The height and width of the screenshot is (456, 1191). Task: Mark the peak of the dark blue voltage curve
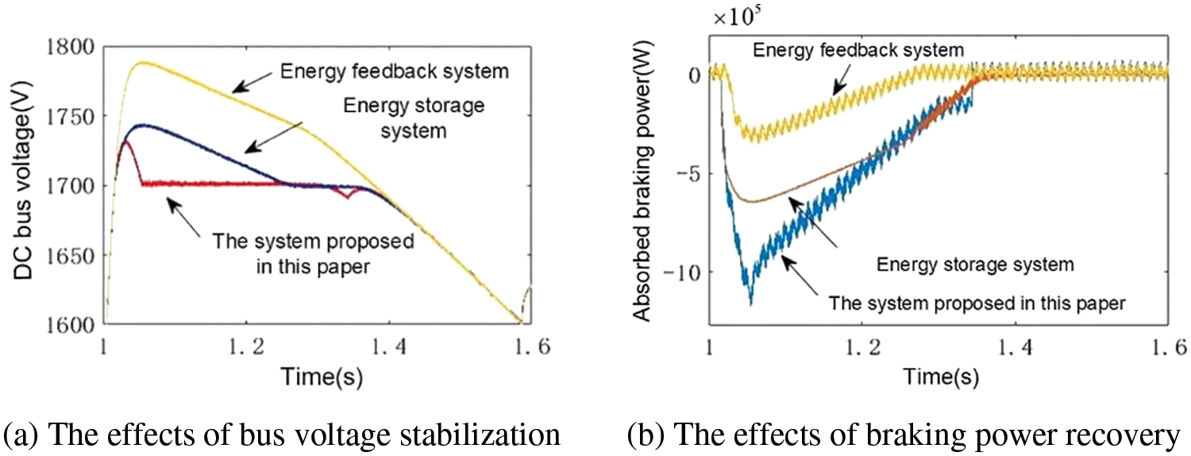tap(141, 125)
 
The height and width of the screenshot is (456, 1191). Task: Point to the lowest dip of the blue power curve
tap(750, 302)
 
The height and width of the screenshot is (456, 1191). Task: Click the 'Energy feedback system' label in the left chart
tap(395, 71)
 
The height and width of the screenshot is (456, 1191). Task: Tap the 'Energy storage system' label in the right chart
tap(963, 262)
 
